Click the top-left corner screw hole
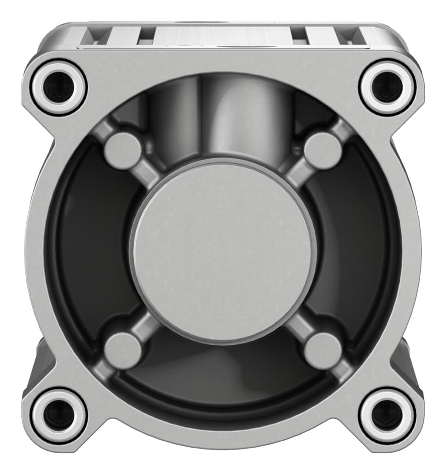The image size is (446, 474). [x=59, y=87]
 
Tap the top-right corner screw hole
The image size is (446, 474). [x=387, y=87]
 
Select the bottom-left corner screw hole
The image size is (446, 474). [x=59, y=413]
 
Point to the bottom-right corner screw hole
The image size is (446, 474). [x=387, y=413]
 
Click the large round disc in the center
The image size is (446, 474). [x=223, y=250]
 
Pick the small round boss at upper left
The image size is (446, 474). [x=123, y=150]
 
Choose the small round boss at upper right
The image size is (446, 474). [x=323, y=150]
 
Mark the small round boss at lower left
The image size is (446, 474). [x=123, y=350]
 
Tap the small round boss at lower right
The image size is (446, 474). [x=323, y=350]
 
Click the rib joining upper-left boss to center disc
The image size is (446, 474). [x=147, y=174]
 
